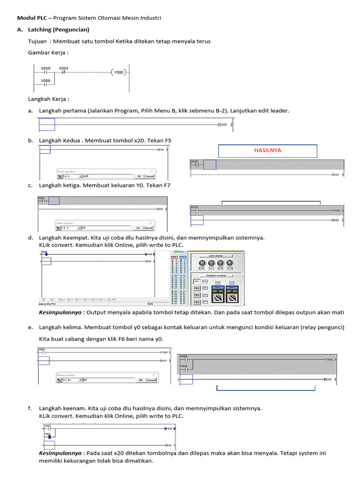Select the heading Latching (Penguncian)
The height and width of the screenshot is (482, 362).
[x=58, y=30]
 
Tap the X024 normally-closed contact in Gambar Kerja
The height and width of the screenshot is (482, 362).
[x=63, y=72]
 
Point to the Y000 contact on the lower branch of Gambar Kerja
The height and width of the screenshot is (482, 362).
[x=45, y=84]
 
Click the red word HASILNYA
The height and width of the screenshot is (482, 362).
[x=267, y=151]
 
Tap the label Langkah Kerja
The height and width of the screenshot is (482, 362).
[x=48, y=99]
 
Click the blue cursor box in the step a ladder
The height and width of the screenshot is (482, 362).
[x=47, y=124]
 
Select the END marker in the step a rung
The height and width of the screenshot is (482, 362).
[x=222, y=125]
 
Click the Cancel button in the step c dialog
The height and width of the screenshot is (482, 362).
[x=149, y=227]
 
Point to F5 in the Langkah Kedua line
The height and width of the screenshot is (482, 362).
[x=168, y=140]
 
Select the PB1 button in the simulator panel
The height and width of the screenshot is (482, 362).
[x=197, y=281]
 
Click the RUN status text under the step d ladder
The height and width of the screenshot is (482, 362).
[x=151, y=304]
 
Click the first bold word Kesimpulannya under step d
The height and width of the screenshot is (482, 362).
[x=59, y=313]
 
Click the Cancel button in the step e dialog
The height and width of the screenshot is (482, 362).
[x=151, y=380]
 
